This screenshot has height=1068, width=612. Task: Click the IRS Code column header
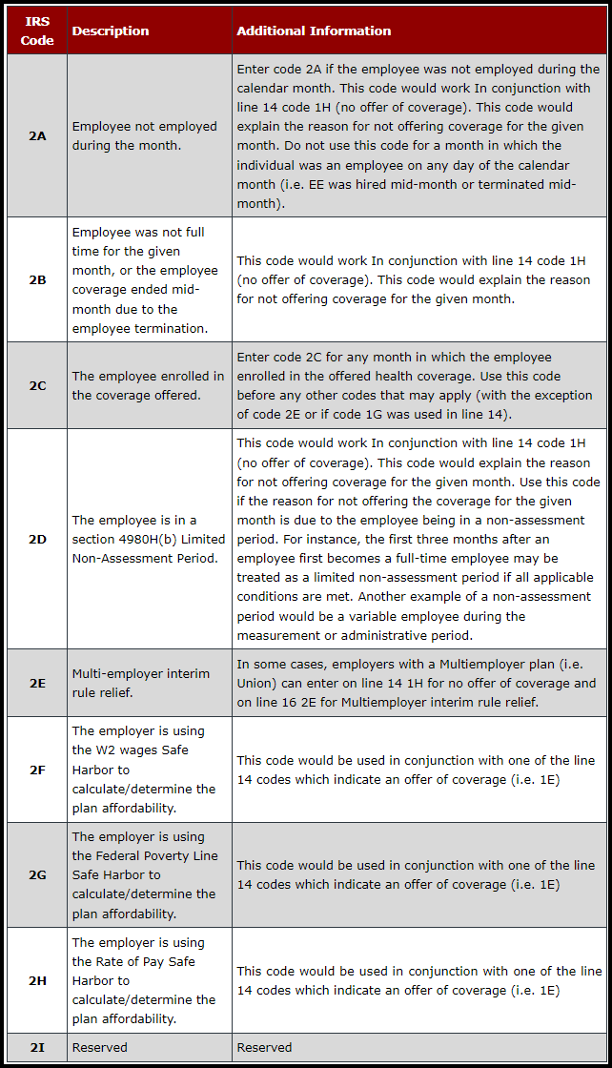[x=37, y=31]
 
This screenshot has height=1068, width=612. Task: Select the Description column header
[x=111, y=31]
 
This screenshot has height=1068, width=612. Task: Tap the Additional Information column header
[x=314, y=31]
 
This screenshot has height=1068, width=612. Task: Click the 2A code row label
[x=37, y=135]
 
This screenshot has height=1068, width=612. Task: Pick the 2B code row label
[x=37, y=280]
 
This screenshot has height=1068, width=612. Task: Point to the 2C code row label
[x=37, y=385]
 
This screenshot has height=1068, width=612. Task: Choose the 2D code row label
[x=37, y=539]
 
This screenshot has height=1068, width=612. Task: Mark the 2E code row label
[x=37, y=684]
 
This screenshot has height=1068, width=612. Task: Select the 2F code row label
[x=37, y=770]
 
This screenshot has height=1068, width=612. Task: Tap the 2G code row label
[x=37, y=875]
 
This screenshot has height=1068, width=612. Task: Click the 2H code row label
[x=37, y=980]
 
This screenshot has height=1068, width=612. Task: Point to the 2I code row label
[x=37, y=1047]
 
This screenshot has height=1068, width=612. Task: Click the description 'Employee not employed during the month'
[x=145, y=135]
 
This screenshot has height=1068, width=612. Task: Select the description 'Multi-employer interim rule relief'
[x=141, y=684]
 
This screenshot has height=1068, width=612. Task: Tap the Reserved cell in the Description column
[x=100, y=1047]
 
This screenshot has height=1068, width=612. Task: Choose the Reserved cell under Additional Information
[x=265, y=1047]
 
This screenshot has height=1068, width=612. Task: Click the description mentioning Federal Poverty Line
[x=144, y=875]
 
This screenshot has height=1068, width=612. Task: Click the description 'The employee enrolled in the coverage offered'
[x=148, y=385]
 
